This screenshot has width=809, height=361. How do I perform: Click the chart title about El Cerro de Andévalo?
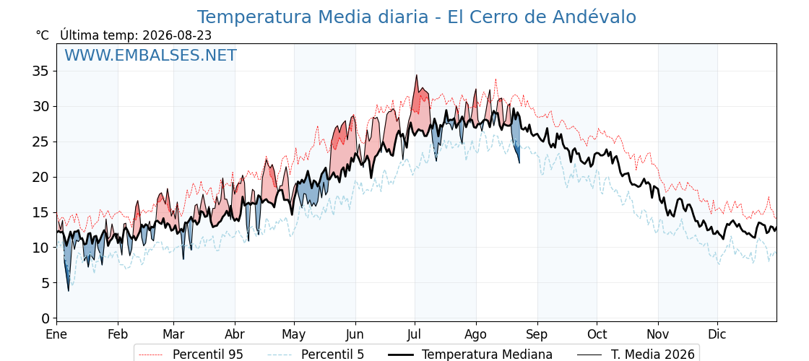pos(416,17)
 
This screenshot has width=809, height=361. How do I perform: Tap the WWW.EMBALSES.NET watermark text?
pos(151,55)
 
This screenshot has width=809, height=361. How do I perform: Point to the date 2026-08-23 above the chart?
pos(177,35)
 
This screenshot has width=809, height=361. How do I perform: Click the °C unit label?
pos(43,35)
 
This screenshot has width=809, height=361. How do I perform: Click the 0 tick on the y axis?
pos(46,318)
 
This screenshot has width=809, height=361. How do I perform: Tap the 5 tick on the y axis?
pos(46,283)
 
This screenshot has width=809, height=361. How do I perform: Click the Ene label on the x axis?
pos(56,334)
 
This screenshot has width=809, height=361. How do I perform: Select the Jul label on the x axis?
pos(415,334)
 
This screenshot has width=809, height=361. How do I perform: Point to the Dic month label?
pos(717,334)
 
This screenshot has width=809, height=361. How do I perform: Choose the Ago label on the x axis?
pos(476,334)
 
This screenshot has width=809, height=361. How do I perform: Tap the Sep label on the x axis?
pos(537,334)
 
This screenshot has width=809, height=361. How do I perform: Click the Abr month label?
pos(235,334)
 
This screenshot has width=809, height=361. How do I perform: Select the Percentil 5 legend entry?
pos(316,355)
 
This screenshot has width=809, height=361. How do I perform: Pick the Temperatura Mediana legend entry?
pos(470,355)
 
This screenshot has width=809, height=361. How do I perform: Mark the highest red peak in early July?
pos(416,75)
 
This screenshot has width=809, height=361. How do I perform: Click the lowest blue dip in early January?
pos(68,290)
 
